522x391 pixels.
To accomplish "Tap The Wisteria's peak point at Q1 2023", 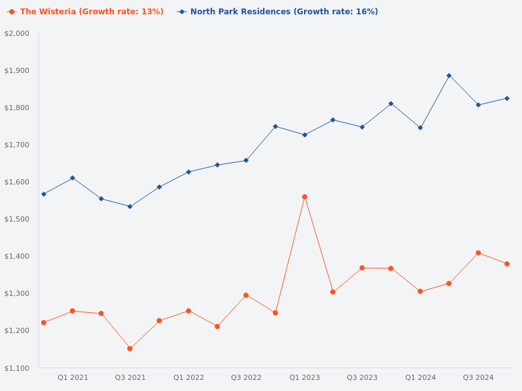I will [x=305, y=197].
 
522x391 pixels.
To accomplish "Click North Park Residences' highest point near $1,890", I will [x=449, y=76].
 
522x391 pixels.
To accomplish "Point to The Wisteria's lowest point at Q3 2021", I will [x=130, y=349].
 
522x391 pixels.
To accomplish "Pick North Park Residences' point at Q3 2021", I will [x=130, y=207].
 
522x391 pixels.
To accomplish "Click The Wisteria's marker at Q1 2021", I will [x=72, y=311].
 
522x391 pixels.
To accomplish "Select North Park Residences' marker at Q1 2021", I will [x=72, y=178].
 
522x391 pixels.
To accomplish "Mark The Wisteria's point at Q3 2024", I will [x=478, y=253].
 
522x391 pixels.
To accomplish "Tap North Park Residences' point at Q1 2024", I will [x=420, y=128].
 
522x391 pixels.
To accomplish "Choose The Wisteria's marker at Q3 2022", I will [x=246, y=295].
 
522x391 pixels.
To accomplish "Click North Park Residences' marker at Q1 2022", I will [x=189, y=172].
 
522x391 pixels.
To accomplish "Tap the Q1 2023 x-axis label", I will [x=305, y=377].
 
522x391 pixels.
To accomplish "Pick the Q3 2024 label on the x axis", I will [x=478, y=377].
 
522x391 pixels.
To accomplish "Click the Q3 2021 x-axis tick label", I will [x=130, y=377].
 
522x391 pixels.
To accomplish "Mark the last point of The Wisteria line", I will [x=507, y=264].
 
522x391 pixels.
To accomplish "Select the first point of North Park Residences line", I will [x=44, y=194].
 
